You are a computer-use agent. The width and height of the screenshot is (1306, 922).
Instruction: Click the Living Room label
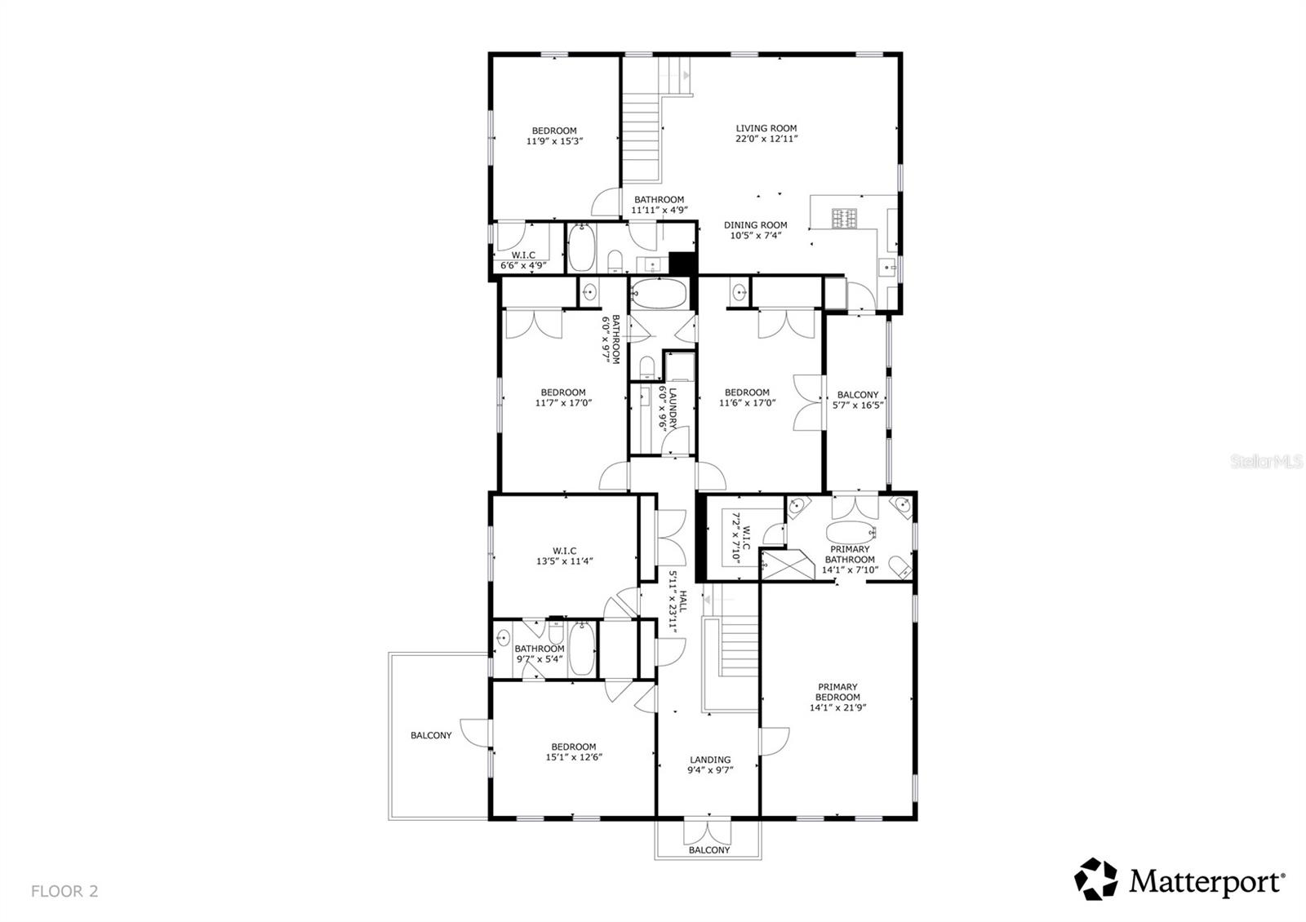pyautogui.click(x=766, y=128)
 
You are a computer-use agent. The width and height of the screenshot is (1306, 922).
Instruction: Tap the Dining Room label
pyautogui.click(x=755, y=225)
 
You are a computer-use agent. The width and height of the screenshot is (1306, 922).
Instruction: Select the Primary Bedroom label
pyautogui.click(x=837, y=692)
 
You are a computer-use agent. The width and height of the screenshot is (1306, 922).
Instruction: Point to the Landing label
pyautogui.click(x=709, y=760)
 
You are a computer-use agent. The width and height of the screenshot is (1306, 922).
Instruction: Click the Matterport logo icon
pyautogui.click(x=1095, y=880)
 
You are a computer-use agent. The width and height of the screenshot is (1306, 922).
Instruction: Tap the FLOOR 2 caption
pyautogui.click(x=64, y=891)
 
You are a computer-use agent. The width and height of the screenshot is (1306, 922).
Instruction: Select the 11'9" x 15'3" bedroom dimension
pyautogui.click(x=554, y=141)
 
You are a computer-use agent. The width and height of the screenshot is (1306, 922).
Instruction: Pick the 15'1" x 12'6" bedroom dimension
pyautogui.click(x=573, y=757)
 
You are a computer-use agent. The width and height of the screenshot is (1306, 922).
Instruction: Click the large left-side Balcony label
pyautogui.click(x=431, y=735)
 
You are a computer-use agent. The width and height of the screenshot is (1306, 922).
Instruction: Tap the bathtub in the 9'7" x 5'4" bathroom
pyautogui.click(x=583, y=650)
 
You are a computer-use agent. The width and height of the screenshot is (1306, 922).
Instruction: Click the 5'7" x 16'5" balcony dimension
pyautogui.click(x=858, y=405)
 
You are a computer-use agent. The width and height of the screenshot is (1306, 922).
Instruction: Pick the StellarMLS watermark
pyautogui.click(x=1273, y=462)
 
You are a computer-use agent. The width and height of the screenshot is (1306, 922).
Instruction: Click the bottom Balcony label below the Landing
pyautogui.click(x=709, y=850)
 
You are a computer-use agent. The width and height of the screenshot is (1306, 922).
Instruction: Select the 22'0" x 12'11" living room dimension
pyautogui.click(x=766, y=139)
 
